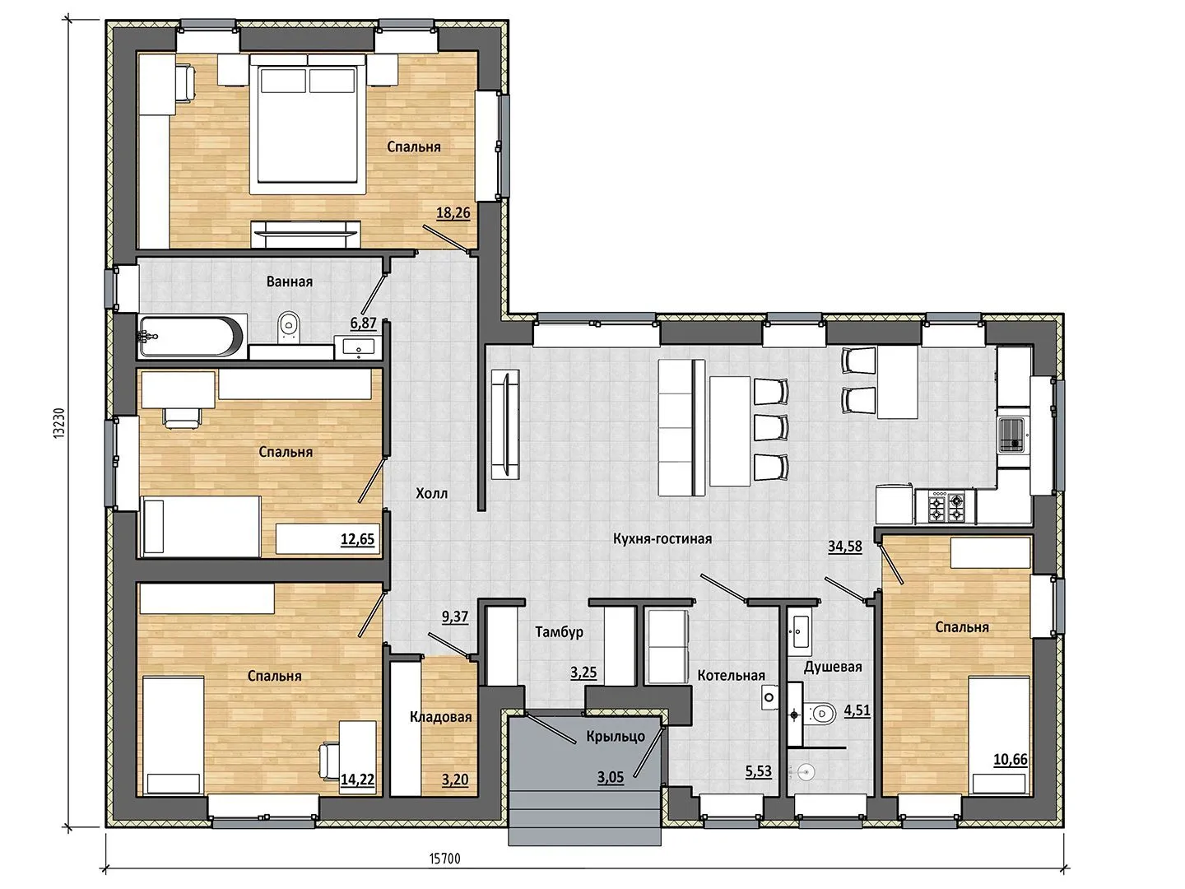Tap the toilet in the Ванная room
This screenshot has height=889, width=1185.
click(x=289, y=327)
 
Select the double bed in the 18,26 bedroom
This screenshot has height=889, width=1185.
click(x=308, y=123)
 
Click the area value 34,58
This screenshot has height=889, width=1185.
click(x=845, y=547)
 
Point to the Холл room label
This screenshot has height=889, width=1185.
click(x=432, y=493)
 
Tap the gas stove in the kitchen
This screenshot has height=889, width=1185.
click(x=946, y=506)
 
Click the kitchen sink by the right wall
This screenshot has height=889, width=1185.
click(x=1013, y=435)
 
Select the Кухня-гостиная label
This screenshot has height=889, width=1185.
click(x=662, y=538)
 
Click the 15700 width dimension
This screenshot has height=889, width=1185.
click(x=445, y=859)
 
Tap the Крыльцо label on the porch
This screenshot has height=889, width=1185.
click(x=616, y=736)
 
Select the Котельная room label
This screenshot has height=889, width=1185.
click(x=731, y=675)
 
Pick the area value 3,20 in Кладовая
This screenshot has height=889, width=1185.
click(x=455, y=780)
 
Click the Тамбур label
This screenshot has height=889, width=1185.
click(x=560, y=631)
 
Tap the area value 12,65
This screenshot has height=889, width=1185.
click(x=357, y=539)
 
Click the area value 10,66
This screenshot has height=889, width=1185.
click(x=1011, y=760)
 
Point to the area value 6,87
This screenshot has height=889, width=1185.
click(x=364, y=323)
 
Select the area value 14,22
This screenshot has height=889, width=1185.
click(x=357, y=779)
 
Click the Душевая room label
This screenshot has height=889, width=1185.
click(x=833, y=667)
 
